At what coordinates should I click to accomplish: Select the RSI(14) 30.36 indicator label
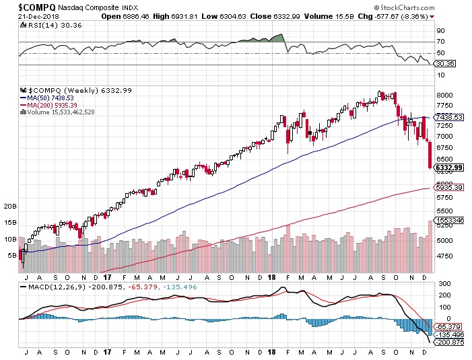[x=43, y=26]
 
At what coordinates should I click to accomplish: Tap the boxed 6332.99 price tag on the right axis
[x=448, y=168]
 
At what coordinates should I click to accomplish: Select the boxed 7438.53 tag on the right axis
[x=448, y=117]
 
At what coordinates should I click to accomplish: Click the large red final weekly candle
[x=429, y=155]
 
